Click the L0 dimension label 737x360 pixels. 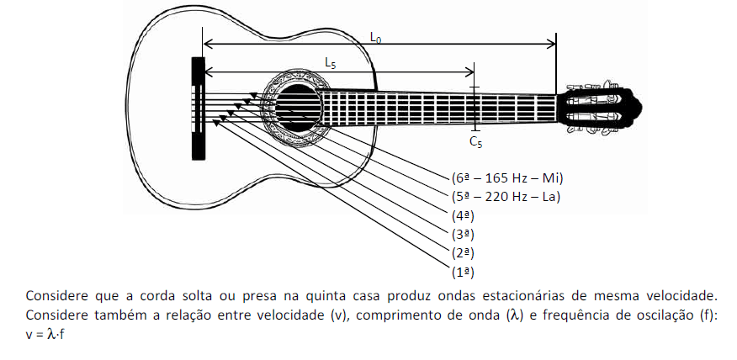[375, 38]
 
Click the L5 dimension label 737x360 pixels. [331, 62]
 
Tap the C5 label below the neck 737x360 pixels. [475, 142]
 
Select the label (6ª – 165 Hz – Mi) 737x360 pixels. [506, 178]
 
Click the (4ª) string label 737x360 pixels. [463, 215]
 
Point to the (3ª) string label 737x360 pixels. [463, 234]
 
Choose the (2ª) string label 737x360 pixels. [463, 253]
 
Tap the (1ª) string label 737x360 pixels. [463, 273]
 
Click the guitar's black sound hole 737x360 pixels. [298, 109]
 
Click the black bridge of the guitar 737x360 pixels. [198, 109]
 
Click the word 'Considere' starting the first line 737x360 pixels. [57, 296]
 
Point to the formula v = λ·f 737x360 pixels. [45, 335]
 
